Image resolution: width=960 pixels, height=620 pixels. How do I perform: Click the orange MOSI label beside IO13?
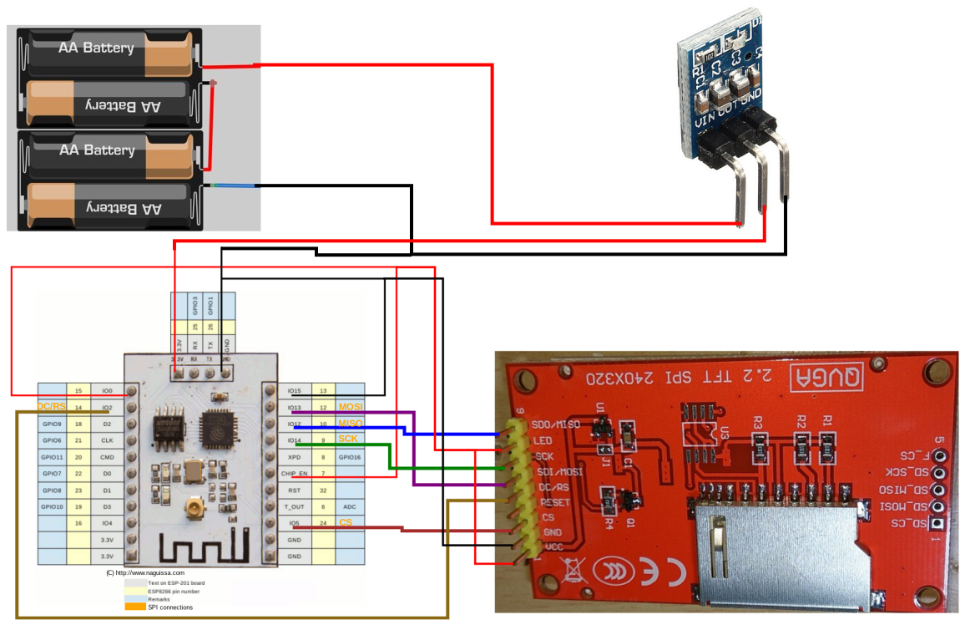point(351,407)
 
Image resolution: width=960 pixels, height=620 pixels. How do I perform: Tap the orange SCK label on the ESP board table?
point(347,440)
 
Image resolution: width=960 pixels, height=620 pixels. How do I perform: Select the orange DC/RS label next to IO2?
point(51,407)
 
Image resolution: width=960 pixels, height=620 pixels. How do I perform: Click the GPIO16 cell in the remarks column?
point(350,457)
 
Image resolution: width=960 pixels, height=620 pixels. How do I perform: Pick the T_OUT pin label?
point(294,506)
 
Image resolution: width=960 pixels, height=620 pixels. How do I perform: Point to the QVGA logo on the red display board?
point(826,377)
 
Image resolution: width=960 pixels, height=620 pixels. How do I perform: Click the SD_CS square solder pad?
point(939,524)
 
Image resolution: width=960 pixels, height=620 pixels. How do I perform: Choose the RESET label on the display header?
point(553,503)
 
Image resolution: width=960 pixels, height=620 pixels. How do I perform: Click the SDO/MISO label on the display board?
point(557,425)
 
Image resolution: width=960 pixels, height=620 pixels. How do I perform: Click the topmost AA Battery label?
point(96,48)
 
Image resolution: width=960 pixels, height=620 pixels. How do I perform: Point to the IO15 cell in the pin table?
point(294,390)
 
